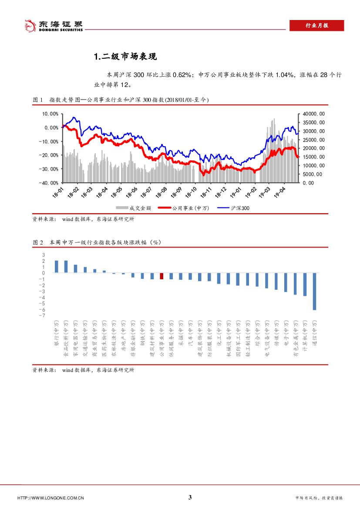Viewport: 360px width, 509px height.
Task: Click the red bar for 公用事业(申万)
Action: [161, 276]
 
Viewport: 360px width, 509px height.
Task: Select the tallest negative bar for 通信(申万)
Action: [314, 291]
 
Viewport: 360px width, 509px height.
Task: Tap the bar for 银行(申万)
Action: [57, 267]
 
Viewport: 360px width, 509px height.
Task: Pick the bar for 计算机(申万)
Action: [305, 284]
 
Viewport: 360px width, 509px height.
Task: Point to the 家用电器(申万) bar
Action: [75, 269]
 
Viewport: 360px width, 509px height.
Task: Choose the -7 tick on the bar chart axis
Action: [43, 315]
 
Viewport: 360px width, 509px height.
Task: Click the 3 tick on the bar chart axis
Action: [43, 255]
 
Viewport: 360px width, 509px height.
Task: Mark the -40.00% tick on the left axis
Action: [49, 183]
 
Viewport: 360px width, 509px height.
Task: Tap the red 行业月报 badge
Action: [316, 26]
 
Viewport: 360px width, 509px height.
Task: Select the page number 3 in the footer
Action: [190, 498]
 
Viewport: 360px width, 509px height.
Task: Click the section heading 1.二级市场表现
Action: [125, 57]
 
